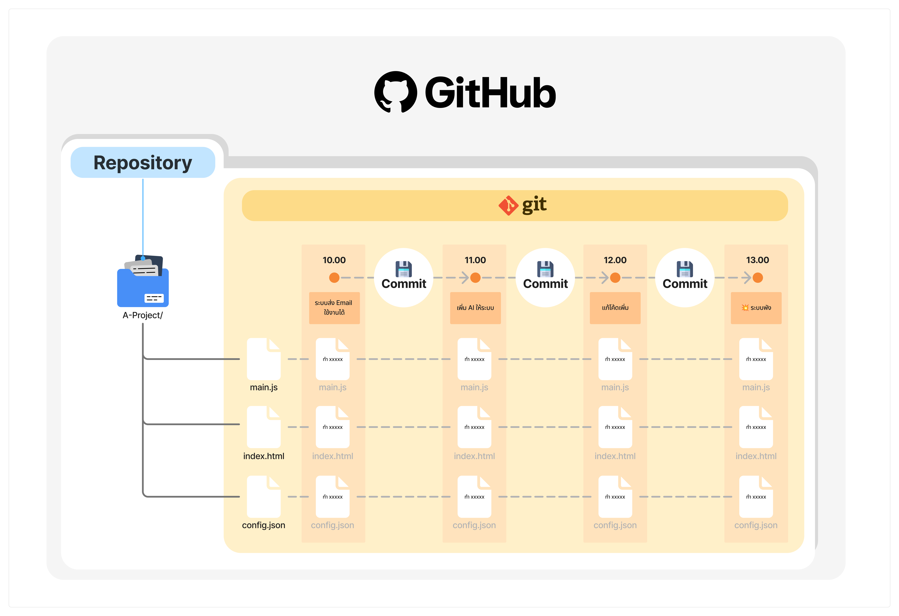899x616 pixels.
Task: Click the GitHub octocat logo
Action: (395, 92)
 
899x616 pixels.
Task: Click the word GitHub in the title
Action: (491, 93)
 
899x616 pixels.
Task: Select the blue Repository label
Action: (143, 162)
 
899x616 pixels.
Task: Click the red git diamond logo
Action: (508, 206)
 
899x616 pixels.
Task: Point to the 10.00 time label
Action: (334, 260)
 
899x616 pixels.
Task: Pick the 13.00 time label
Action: (757, 260)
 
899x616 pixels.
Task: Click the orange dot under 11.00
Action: (475, 277)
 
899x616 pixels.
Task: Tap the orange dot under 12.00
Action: (615, 277)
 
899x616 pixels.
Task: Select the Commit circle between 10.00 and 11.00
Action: (404, 277)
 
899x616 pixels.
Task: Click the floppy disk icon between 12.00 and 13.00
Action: (685, 269)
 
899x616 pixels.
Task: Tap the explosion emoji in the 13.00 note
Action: (745, 308)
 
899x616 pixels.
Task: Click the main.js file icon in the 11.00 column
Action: (474, 359)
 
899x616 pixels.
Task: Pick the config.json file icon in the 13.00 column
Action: (756, 497)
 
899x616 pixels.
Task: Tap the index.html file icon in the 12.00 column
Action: (615, 427)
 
